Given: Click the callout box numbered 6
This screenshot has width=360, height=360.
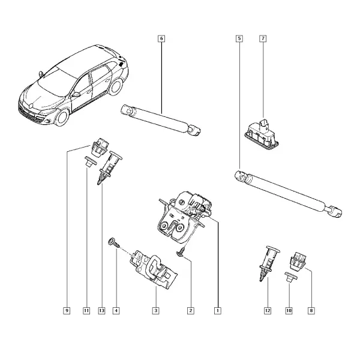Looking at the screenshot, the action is (x=161, y=38).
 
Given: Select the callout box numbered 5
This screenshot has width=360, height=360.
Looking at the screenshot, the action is (x=239, y=38).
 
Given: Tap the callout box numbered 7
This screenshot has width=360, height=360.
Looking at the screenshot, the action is (x=263, y=38).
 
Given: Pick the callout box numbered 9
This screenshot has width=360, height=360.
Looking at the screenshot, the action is (x=67, y=311).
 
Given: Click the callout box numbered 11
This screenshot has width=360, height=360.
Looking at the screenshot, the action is (x=86, y=311).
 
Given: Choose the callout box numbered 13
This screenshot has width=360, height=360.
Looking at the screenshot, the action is (x=102, y=311).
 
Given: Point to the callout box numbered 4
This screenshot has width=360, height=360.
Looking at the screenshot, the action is (x=116, y=311).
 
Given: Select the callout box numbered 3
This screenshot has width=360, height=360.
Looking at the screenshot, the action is (x=155, y=311).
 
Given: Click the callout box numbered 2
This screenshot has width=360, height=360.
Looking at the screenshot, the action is (x=191, y=311).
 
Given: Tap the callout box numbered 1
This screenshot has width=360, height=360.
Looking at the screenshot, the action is (x=218, y=311).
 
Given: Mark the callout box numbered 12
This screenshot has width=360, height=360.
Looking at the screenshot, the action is (x=268, y=311).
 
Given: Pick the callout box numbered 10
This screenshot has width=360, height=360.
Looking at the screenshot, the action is (x=289, y=311).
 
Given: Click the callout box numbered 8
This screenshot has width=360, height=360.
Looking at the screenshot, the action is (x=311, y=311).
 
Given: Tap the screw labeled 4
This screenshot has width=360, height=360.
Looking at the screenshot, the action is (x=113, y=242).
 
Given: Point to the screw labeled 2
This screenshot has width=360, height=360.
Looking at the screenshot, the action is (x=181, y=251).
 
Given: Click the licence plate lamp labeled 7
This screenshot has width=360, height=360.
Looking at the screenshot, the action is (x=262, y=136).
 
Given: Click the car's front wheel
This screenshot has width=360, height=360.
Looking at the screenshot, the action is (x=62, y=117).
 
